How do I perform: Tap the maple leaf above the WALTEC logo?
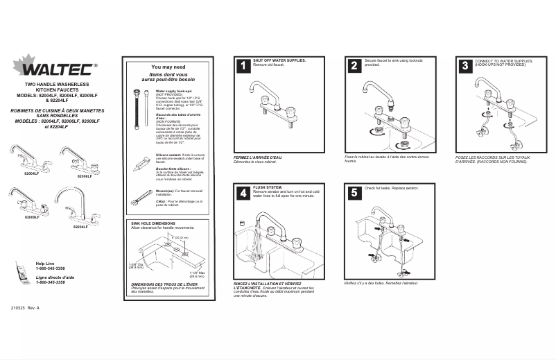pos(24,62)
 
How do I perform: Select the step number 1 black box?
pos(243,66)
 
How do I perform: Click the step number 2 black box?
pos(354,66)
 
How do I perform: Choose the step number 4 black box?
pos(243,194)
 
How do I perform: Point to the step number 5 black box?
pos(354,194)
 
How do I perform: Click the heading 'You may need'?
pos(168,67)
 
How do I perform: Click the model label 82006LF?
pos(85,176)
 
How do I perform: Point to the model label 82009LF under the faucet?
pos(32,217)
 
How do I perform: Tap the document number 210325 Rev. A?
pos(26,307)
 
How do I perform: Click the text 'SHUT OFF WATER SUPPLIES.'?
pos(279,60)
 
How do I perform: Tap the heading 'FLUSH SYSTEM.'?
pos(268,187)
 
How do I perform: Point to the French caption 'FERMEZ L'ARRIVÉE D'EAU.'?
pos(258,157)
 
